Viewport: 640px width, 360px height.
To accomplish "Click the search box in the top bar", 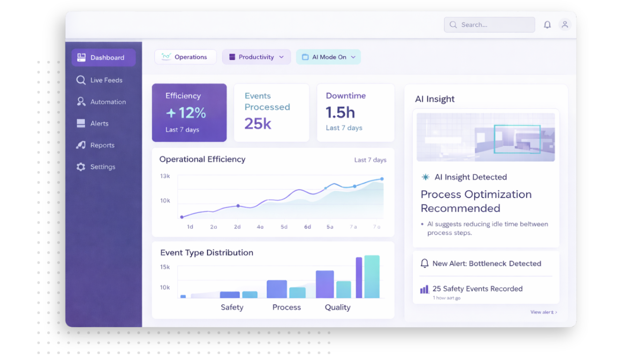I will [489, 25].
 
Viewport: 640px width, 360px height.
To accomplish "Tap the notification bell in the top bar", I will [547, 25].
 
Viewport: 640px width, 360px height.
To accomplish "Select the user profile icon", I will [565, 25].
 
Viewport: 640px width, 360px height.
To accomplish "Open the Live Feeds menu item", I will [106, 80].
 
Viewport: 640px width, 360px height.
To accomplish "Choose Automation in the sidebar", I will [108, 102].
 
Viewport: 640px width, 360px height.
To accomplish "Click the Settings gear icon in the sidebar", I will [81, 167].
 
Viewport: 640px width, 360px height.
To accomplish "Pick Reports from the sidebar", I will [102, 145].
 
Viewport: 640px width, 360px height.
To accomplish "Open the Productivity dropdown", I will [256, 57].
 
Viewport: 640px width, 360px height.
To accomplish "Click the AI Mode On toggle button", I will [328, 57].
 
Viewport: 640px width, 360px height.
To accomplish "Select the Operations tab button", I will [186, 57].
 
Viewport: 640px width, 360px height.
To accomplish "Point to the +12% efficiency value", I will [186, 113].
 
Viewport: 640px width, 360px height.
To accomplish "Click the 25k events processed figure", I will [258, 123].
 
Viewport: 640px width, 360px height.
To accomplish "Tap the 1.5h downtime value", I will [341, 112].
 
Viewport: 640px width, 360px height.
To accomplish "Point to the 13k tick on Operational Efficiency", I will [165, 176].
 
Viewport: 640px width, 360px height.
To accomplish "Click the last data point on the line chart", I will [382, 179].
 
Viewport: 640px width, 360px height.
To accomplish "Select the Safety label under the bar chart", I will [232, 307].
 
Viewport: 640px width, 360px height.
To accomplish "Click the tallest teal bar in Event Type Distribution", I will [372, 277].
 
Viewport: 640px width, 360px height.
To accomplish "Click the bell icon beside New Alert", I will [424, 263].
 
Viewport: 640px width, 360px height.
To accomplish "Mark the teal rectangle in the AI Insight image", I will [517, 139].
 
